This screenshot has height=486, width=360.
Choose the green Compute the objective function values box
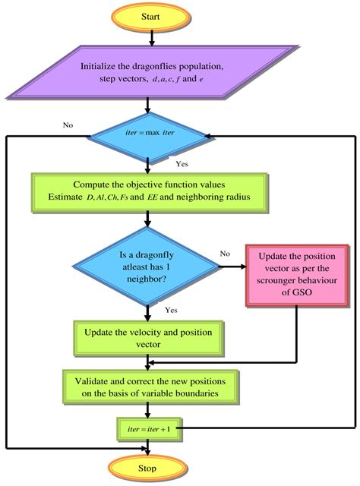[x=150, y=191]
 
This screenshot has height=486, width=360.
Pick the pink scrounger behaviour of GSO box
[x=296, y=275]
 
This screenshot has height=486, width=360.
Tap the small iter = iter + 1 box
[x=147, y=429]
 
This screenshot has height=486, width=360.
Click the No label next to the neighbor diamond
[x=225, y=254]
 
